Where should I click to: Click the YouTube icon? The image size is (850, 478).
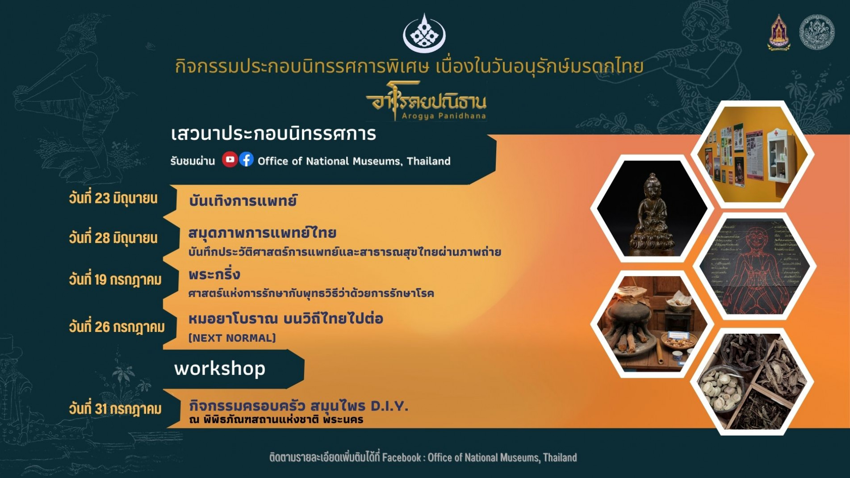(x=230, y=159)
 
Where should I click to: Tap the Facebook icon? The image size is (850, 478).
(x=246, y=159)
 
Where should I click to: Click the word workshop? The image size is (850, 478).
(x=220, y=369)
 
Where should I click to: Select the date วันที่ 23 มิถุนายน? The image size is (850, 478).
(x=113, y=198)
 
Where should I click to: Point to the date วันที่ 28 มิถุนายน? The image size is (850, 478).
(x=113, y=238)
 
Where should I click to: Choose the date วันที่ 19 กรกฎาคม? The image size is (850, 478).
(x=115, y=280)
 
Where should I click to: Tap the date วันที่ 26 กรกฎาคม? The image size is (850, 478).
(x=117, y=327)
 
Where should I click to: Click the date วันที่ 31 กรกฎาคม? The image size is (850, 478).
(x=115, y=409)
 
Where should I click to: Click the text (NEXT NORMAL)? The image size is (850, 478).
(x=232, y=338)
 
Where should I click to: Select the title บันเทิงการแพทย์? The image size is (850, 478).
(x=243, y=201)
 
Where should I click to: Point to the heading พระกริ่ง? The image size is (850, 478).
(x=214, y=274)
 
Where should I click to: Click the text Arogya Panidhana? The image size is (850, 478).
(x=444, y=116)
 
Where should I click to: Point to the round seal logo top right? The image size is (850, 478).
(x=817, y=32)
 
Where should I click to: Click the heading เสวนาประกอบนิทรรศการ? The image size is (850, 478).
(x=273, y=134)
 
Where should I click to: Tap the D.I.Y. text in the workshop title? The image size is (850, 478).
(x=389, y=406)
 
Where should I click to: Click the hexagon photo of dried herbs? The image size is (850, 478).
(x=753, y=382)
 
